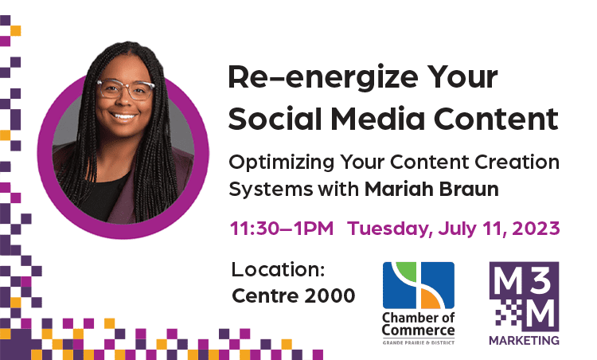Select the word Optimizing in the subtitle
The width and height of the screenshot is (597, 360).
click(281, 163)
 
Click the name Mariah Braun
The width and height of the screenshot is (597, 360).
click(431, 189)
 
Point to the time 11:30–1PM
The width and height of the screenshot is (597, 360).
click(282, 229)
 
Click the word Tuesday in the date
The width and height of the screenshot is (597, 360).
click(390, 229)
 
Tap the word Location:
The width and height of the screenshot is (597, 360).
click(278, 270)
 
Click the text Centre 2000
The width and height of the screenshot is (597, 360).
click(293, 295)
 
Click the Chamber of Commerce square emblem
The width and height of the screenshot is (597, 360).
click(419, 285)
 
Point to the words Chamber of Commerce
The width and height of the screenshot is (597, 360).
click(419, 324)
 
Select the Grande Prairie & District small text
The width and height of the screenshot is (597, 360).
click(419, 342)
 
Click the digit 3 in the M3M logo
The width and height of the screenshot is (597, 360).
click(541, 280)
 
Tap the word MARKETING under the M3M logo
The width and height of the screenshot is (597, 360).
click(524, 340)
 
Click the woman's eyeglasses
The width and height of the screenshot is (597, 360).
click(126, 89)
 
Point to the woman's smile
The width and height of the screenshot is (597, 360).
click(124, 115)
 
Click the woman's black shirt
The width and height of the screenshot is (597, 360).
click(102, 198)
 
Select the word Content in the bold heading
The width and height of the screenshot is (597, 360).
click(496, 119)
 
